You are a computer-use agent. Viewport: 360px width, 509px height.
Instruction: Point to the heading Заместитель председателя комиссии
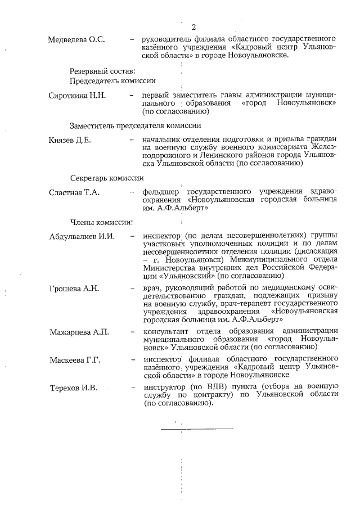(136, 125)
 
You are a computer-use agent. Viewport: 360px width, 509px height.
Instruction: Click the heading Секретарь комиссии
(107, 177)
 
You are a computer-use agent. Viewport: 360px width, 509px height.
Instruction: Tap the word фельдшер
(161, 192)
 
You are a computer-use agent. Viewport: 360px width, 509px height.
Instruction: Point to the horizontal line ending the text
(197, 429)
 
